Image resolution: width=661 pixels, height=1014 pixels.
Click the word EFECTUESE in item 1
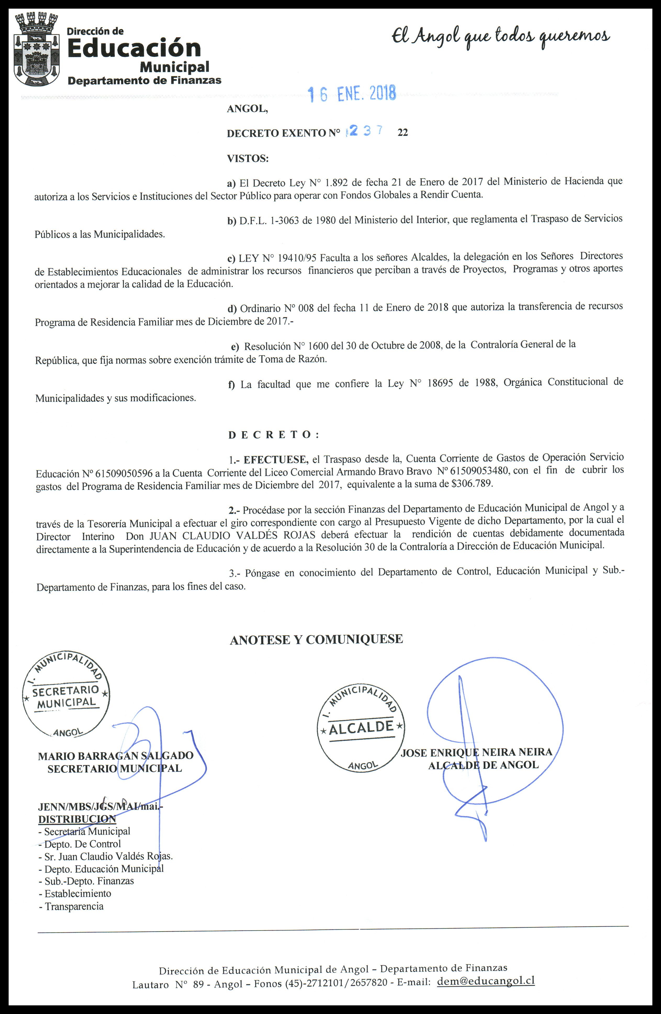pos(276,459)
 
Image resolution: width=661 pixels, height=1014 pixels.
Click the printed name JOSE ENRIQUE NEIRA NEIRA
pos(476,752)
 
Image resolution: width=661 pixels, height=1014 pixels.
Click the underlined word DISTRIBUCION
pos(77,819)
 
